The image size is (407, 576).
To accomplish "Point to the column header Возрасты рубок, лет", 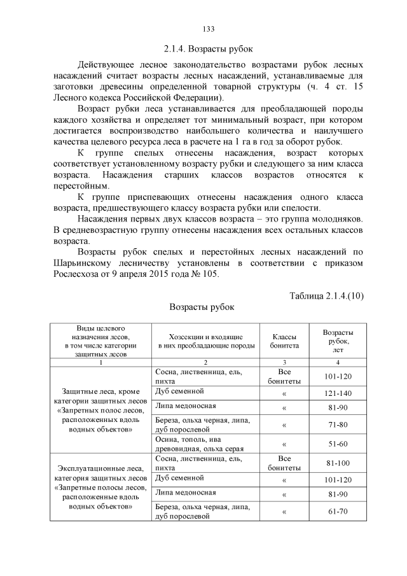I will pos(338,341).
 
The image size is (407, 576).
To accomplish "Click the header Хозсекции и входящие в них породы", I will pos(204,341).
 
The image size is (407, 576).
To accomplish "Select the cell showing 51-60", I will pos(338,444).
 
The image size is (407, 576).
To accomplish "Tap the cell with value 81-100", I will pos(338,462).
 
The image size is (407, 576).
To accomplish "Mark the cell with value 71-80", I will pos(338,424).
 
